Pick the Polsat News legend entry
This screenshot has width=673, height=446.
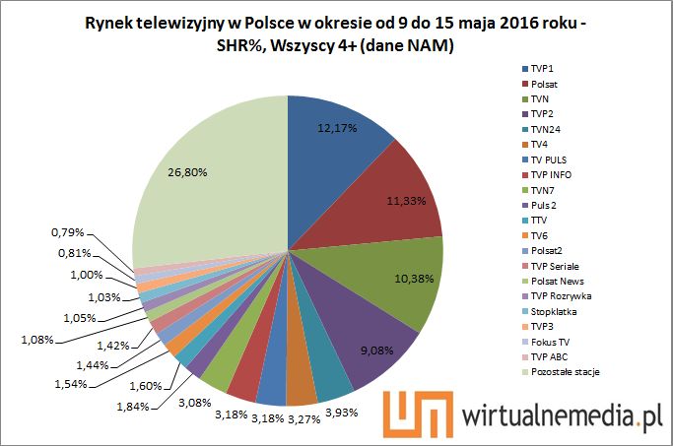click(x=557, y=281)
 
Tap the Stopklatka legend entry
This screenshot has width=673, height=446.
click(x=553, y=310)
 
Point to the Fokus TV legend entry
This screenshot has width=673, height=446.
click(x=550, y=341)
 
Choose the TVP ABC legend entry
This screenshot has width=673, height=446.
click(x=549, y=355)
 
